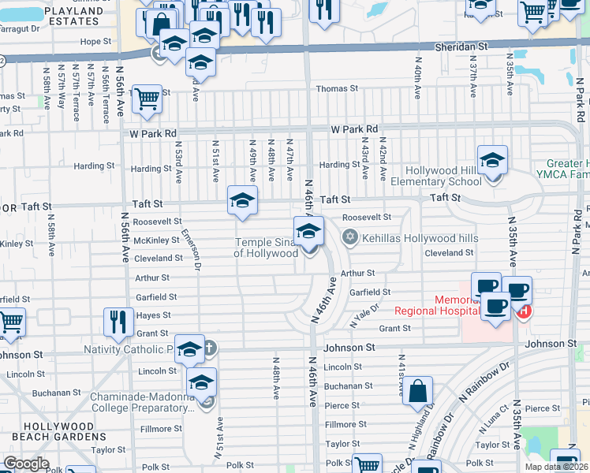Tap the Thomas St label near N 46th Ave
(337, 89)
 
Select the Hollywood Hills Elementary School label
(442, 176)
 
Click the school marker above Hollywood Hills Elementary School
(492, 162)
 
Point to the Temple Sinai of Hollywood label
(266, 248)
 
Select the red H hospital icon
(524, 311)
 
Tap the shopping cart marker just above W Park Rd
(147, 99)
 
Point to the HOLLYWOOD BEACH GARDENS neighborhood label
(48, 431)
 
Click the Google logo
(27, 464)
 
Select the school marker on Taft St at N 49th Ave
(242, 201)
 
